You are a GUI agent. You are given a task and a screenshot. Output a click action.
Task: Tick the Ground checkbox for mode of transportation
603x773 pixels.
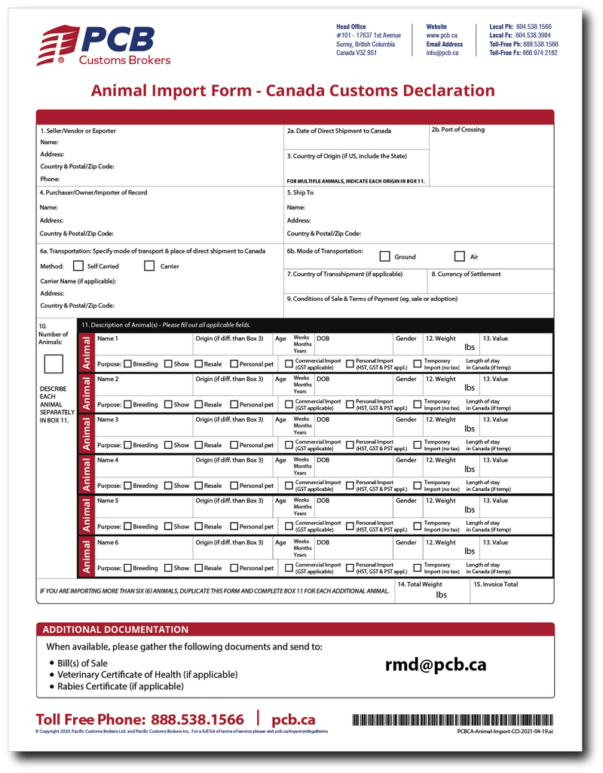click(384, 256)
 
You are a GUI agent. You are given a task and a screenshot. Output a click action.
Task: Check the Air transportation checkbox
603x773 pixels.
click(460, 256)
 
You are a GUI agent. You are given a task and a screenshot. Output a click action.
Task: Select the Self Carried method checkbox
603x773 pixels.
click(78, 266)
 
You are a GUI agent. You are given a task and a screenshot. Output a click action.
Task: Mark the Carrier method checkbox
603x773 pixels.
click(149, 266)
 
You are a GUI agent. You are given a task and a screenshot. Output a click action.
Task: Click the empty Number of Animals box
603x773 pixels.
click(54, 365)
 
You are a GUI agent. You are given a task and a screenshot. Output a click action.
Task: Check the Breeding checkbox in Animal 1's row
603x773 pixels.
click(127, 364)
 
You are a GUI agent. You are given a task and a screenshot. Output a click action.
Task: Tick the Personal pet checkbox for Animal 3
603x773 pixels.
click(234, 445)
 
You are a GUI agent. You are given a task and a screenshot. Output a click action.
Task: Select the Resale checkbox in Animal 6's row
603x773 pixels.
click(198, 568)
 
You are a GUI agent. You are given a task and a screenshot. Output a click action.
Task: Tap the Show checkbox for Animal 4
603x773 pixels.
click(168, 486)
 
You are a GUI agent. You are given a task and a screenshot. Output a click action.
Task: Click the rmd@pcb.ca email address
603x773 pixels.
click(436, 665)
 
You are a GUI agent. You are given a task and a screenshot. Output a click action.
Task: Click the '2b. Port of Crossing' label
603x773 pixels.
click(458, 130)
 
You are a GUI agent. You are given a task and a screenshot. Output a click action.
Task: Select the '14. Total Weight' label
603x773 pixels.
click(420, 584)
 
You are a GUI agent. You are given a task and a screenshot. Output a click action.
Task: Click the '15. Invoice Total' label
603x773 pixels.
click(496, 584)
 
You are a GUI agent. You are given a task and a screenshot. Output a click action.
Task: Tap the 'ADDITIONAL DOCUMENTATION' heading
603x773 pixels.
click(115, 630)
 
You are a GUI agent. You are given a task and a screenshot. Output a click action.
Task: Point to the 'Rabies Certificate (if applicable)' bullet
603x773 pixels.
click(121, 686)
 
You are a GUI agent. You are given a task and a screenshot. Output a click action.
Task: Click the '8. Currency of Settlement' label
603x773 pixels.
click(466, 275)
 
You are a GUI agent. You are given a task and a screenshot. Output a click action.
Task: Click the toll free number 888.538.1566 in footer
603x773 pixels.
click(197, 719)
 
